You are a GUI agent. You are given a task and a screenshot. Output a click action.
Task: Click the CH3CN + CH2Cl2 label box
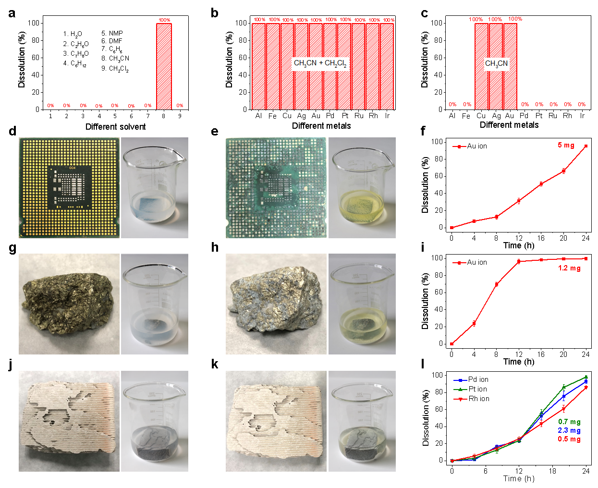(320, 63)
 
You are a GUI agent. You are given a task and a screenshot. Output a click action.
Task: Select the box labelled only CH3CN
(496, 63)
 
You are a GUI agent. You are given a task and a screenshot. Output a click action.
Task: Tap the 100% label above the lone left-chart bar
(164, 20)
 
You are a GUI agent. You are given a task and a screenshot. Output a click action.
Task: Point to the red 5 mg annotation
(566, 145)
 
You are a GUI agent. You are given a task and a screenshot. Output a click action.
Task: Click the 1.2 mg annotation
(569, 268)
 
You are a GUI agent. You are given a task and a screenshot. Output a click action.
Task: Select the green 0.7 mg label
(569, 422)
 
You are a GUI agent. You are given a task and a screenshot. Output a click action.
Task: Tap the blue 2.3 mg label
(569, 430)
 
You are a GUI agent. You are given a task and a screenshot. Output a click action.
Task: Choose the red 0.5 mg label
(569, 439)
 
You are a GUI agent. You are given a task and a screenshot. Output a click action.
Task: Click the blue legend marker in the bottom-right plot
(460, 380)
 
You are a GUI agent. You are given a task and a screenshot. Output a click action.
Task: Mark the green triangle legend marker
(460, 390)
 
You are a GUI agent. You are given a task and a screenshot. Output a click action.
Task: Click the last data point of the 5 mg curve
(586, 146)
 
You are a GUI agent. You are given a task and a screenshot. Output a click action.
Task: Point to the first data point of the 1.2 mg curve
(452, 344)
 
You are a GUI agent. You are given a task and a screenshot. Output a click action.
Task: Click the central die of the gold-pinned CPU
(70, 187)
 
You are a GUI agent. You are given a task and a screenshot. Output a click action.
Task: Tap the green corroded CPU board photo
(276, 188)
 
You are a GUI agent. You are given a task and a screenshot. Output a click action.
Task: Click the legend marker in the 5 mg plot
(459, 146)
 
